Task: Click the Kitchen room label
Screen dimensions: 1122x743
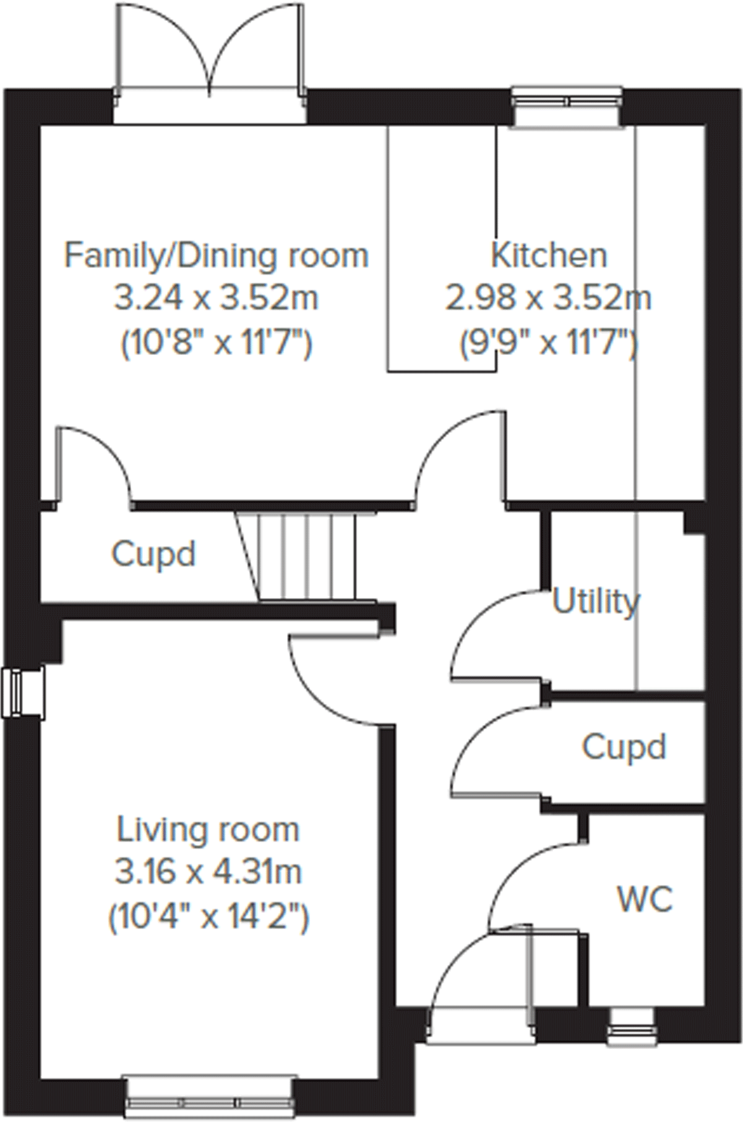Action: click(x=548, y=255)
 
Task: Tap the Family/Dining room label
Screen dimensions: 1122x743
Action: click(x=216, y=255)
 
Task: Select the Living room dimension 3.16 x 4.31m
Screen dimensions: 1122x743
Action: click(x=208, y=872)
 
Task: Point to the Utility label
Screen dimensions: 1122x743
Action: click(x=595, y=601)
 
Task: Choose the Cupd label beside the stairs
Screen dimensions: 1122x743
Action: click(x=153, y=554)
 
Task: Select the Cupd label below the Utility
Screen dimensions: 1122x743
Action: click(x=624, y=747)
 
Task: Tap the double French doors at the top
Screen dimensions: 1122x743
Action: click(x=210, y=56)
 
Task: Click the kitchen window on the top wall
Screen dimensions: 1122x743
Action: click(x=567, y=106)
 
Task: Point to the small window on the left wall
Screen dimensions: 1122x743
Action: click(x=22, y=693)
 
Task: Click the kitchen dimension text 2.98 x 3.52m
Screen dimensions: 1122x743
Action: click(x=548, y=299)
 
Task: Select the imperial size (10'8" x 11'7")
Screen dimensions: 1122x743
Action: click(x=216, y=341)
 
